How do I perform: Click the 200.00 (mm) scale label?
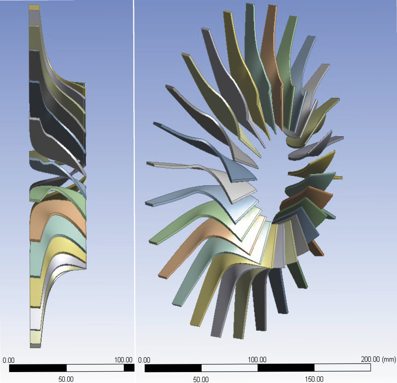point(378,359)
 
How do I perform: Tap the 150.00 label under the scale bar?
point(314,379)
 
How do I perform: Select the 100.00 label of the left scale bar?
point(123,360)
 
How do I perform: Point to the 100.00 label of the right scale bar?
point(257,360)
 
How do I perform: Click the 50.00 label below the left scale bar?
point(66,379)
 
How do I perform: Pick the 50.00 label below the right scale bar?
point(201,379)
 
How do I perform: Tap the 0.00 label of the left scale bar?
point(9,360)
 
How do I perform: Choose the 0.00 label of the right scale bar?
point(144,360)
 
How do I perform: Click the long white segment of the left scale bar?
point(95,368)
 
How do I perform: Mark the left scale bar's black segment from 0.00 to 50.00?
point(38,368)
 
